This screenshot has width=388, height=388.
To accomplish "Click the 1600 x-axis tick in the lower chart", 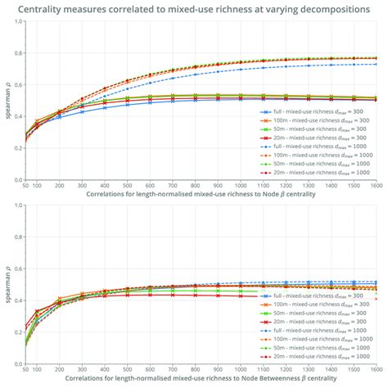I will tap(375, 370).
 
